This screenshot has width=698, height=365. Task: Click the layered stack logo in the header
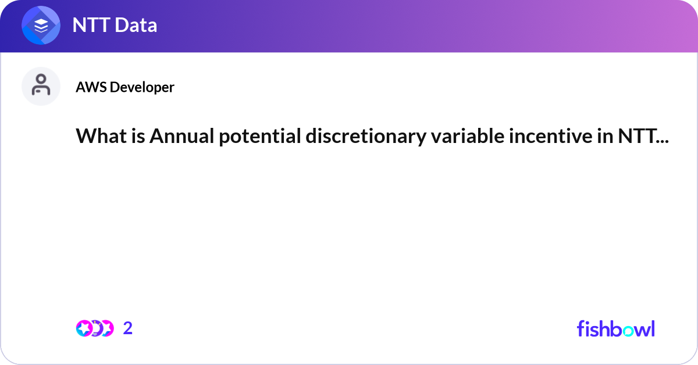pos(41,26)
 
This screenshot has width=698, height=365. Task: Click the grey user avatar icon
pos(41,86)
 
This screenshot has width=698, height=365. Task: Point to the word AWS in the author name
pos(91,87)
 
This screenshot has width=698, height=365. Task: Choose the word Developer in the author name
pos(142,87)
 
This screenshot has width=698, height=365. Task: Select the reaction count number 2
pos(128,328)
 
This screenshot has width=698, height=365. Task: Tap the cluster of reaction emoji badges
pos(94,328)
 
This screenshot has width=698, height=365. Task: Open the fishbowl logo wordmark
pos(615,328)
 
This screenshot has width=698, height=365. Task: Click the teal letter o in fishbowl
pos(628,330)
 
